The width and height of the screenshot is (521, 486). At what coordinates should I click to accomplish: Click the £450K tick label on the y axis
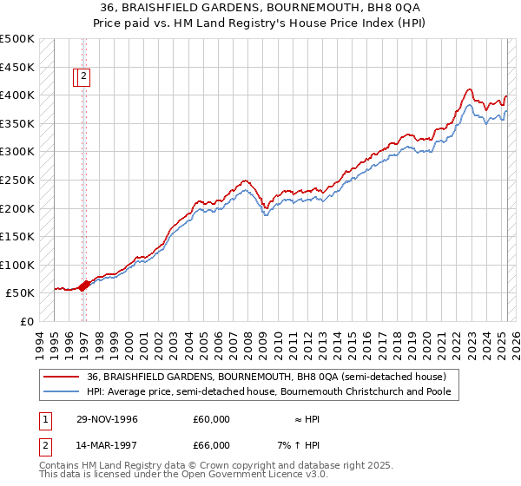click(x=17, y=67)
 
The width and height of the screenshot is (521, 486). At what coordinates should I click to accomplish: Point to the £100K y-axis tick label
click(x=17, y=265)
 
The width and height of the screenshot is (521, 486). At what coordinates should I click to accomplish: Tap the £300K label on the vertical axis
click(x=17, y=151)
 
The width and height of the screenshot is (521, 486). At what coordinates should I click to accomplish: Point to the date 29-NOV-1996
click(x=107, y=419)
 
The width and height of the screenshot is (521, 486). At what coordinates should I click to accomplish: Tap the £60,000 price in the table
click(x=211, y=419)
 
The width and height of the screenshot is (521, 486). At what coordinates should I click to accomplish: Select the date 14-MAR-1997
click(x=107, y=447)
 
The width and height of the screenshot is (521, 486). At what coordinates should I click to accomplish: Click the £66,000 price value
click(x=211, y=447)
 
